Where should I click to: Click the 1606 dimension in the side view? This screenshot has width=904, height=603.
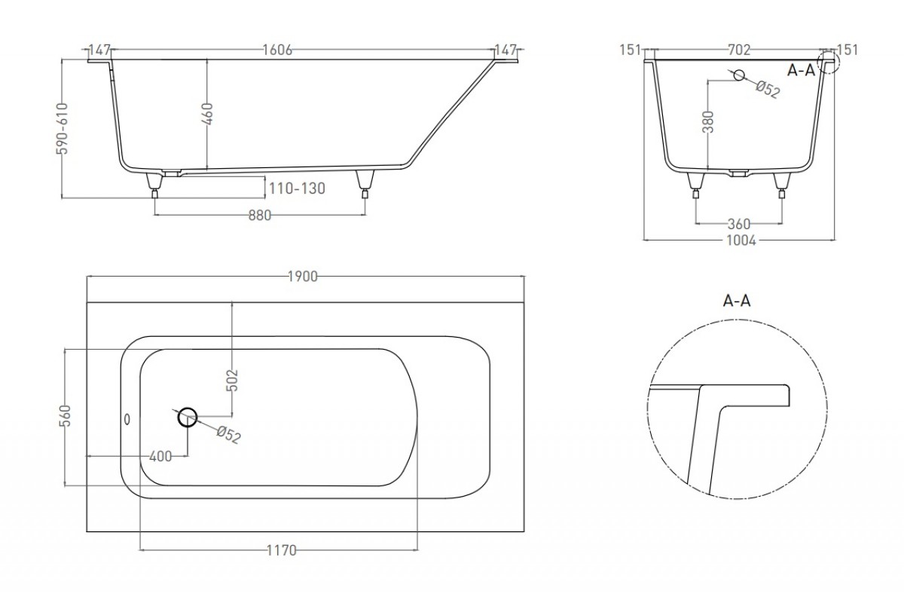click(277, 50)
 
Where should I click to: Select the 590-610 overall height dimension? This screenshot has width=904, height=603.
click(62, 129)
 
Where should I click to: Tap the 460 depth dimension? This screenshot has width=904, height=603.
click(207, 114)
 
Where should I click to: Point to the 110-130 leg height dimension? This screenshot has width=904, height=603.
click(297, 188)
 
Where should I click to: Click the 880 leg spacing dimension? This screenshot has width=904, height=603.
click(259, 216)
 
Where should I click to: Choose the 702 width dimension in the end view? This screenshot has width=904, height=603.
click(739, 50)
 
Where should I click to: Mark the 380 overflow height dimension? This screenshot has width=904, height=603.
click(708, 122)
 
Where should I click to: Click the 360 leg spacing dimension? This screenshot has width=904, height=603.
click(738, 224)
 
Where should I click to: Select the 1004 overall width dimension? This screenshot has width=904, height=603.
click(741, 240)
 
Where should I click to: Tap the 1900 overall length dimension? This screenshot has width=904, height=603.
click(303, 277)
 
